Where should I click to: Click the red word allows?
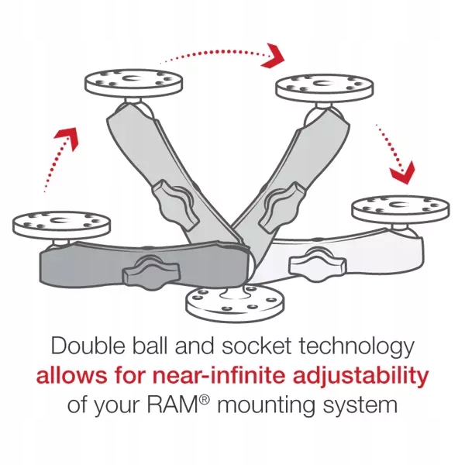[x=64, y=376]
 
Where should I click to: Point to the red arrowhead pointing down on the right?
[x=401, y=170]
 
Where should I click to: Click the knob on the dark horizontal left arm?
[x=145, y=272]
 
